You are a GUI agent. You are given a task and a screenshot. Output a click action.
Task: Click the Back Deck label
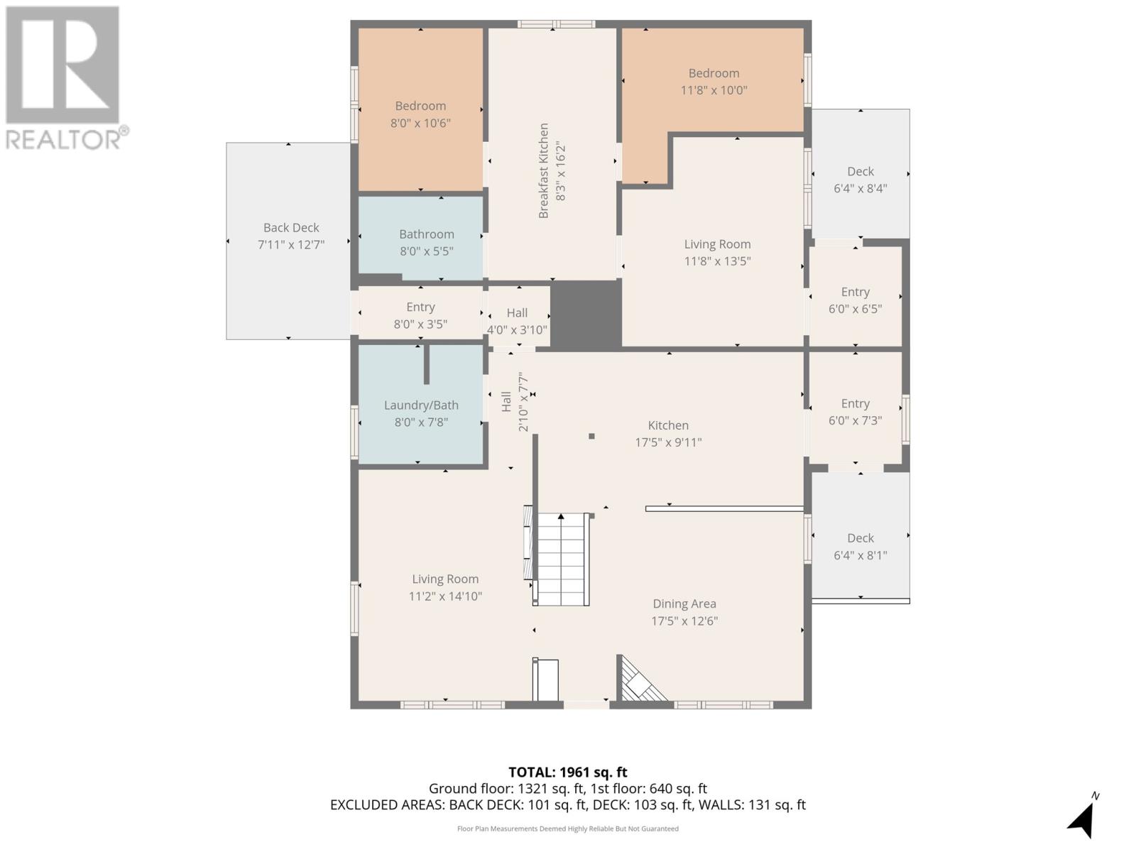pos(291,228)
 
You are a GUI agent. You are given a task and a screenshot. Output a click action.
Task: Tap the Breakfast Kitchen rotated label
pos(544,171)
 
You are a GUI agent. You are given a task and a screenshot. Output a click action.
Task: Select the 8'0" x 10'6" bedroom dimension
pos(420,123)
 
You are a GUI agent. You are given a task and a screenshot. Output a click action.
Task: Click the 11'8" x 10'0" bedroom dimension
pos(714,90)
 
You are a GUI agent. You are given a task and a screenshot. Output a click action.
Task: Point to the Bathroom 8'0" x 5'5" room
pos(425,242)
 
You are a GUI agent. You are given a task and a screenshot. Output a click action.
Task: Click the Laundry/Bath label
pos(421,405)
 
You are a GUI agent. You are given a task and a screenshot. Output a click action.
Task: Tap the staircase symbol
pos(561,559)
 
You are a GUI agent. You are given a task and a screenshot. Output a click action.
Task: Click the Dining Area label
pos(684,603)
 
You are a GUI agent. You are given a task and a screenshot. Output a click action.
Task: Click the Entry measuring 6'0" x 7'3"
pos(855,411)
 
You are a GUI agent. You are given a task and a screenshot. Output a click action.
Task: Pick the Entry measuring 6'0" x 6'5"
pos(855,300)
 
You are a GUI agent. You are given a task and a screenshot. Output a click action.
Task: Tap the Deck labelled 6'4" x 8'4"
pos(860,180)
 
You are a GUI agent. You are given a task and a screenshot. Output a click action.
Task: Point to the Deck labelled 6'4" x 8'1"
pos(860,546)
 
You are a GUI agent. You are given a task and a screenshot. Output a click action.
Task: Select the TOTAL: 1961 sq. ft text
pos(567,772)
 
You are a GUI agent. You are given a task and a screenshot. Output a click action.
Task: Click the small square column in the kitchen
pos(591,437)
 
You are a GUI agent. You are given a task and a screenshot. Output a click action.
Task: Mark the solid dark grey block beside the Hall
pos(585,314)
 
